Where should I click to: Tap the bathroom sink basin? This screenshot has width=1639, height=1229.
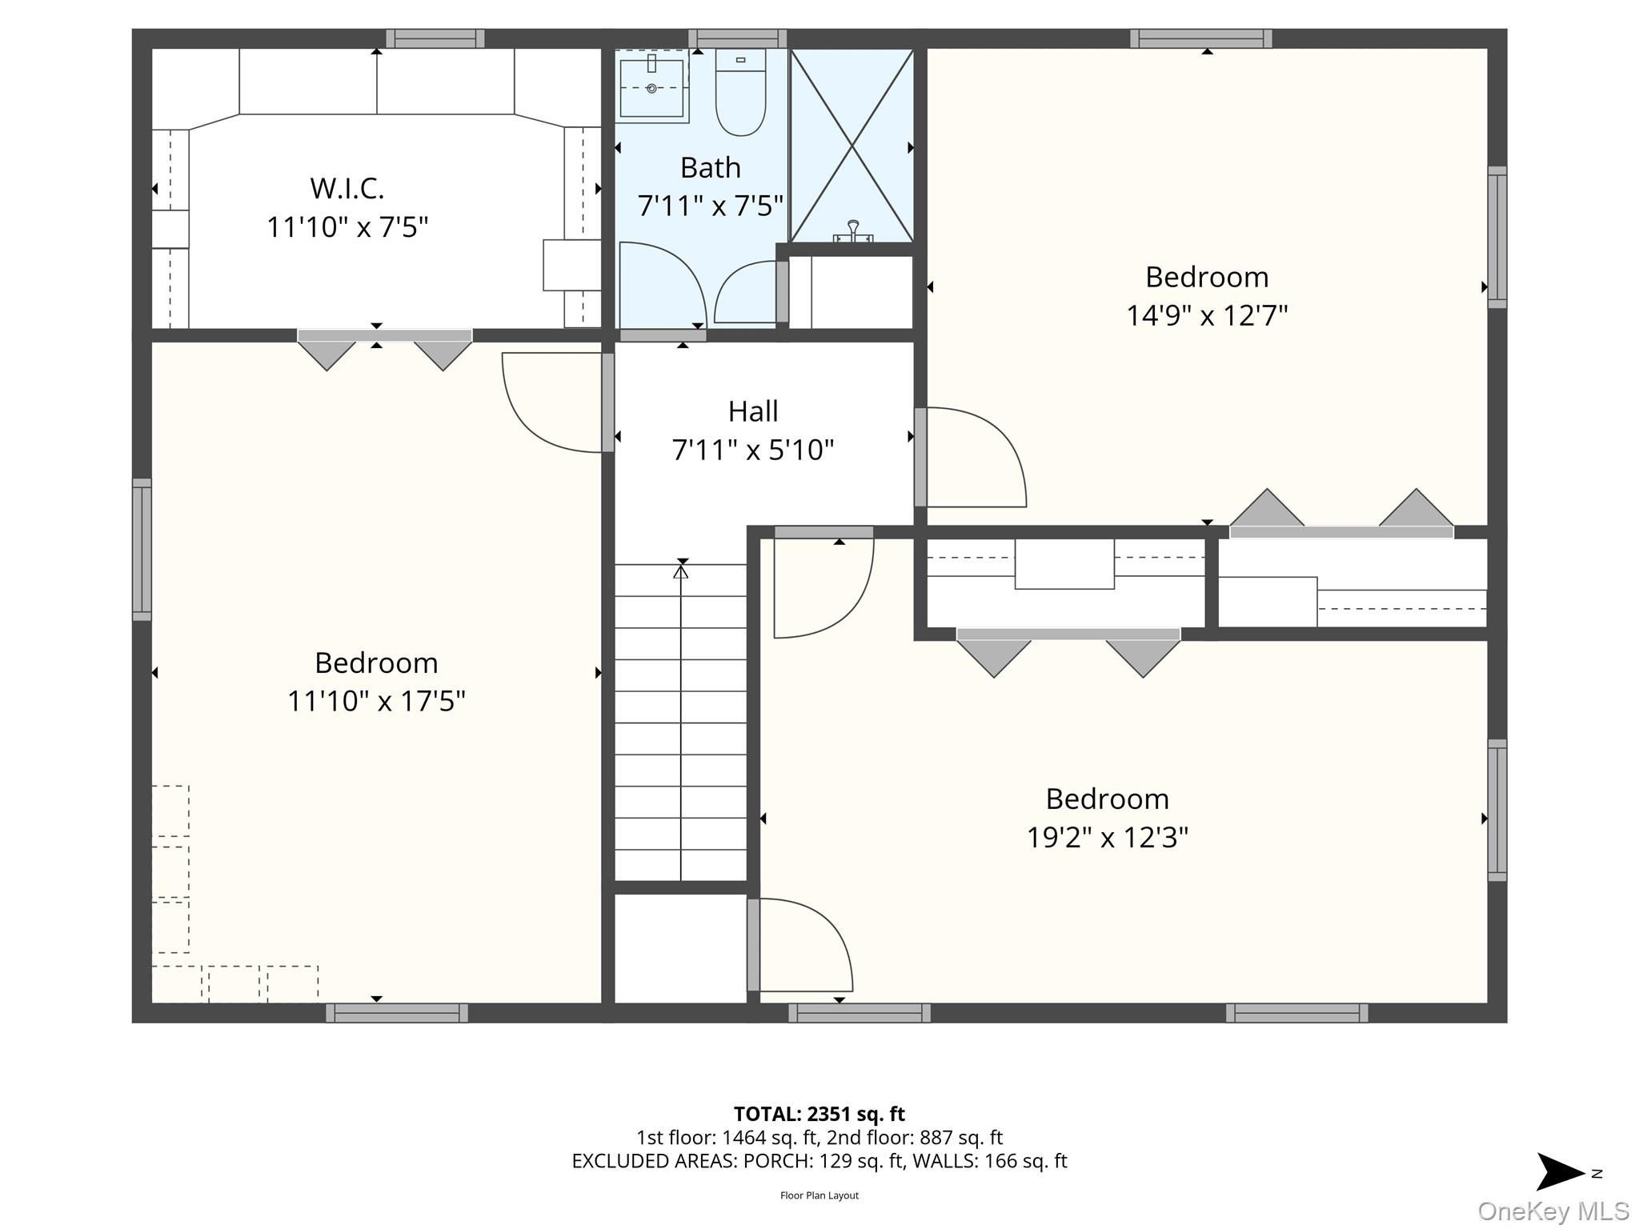click(x=651, y=86)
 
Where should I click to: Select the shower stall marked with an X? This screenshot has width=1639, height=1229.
click(x=852, y=146)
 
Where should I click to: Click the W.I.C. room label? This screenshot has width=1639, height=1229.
click(x=347, y=189)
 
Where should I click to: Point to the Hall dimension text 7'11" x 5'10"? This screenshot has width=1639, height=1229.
click(x=753, y=450)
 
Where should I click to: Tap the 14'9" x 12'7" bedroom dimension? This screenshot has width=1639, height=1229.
click(x=1207, y=315)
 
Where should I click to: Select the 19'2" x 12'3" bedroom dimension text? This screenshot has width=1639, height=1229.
click(x=1108, y=837)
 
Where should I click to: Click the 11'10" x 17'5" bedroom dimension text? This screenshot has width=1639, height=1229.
click(x=376, y=701)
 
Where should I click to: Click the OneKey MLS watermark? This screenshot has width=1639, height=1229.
click(x=1553, y=1211)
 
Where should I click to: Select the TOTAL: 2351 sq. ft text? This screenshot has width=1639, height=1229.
click(x=819, y=1114)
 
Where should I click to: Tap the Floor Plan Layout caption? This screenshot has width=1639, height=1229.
click(x=819, y=1195)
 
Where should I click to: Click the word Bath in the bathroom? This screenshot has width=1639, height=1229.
click(x=711, y=168)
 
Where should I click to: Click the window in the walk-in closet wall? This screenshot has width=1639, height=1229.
click(x=435, y=38)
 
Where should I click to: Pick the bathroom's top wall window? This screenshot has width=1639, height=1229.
click(x=738, y=38)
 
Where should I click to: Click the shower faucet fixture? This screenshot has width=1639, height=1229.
click(x=853, y=231)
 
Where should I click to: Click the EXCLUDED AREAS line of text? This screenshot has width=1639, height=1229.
click(x=819, y=1161)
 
